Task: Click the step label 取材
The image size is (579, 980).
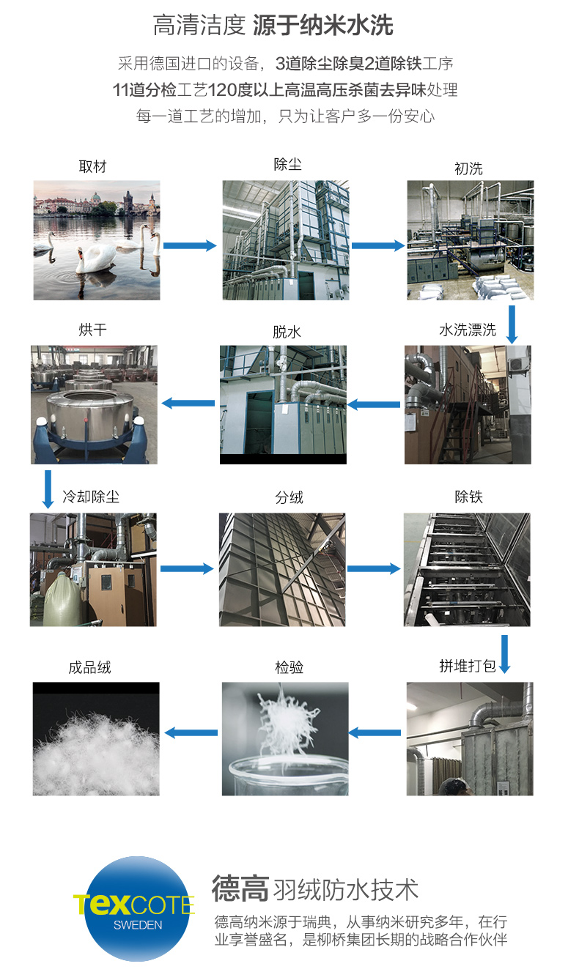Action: tap(93, 167)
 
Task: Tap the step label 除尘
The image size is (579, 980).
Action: tap(287, 165)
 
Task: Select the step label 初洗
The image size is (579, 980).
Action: tap(468, 168)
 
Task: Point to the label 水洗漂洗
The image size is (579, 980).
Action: tap(468, 330)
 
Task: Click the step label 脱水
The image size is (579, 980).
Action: tap(287, 332)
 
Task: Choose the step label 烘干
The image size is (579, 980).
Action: tap(93, 330)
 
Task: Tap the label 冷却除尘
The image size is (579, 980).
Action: tap(91, 497)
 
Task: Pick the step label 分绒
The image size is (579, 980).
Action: tap(289, 497)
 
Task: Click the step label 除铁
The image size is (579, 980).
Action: tap(468, 497)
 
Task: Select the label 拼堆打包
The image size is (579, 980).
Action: tap(468, 666)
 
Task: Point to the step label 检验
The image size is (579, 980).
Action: tap(289, 667)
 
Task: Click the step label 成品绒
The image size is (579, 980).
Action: tap(89, 668)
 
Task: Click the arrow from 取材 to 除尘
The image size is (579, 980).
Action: tap(190, 245)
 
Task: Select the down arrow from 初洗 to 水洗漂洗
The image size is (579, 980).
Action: tap(512, 324)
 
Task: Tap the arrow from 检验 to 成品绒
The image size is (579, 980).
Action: tap(191, 732)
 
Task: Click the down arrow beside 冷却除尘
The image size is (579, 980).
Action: tap(48, 489)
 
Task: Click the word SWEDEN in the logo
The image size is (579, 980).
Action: tap(138, 925)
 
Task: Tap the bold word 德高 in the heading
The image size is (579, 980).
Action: tap(240, 888)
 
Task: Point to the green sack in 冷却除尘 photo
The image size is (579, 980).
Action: tap(62, 597)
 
